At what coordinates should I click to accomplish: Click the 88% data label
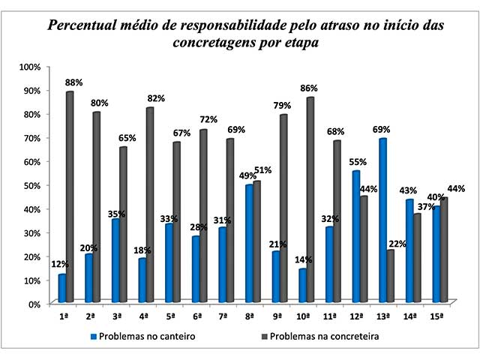click(x=73, y=82)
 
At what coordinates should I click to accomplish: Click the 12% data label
click(x=59, y=264)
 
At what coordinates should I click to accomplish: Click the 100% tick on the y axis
click(x=29, y=67)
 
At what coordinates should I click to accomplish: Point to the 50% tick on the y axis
click(x=31, y=185)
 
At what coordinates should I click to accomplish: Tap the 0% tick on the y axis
click(x=34, y=304)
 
